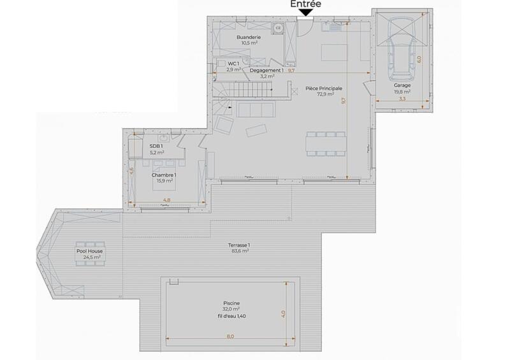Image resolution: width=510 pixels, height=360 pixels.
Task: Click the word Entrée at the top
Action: click(x=305, y=4)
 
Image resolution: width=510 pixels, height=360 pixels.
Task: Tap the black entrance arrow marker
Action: click(x=306, y=13)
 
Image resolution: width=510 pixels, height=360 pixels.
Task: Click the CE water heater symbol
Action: click(x=279, y=28)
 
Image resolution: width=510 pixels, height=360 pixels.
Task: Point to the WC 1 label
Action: click(x=233, y=64)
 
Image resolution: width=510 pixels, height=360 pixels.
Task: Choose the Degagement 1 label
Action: click(x=266, y=70)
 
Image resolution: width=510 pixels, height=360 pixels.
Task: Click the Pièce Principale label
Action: click(x=324, y=88)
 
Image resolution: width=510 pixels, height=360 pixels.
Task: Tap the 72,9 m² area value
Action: click(x=324, y=94)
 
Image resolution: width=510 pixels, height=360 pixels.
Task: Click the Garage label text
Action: click(x=402, y=85)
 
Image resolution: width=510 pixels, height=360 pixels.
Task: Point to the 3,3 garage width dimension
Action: click(x=402, y=99)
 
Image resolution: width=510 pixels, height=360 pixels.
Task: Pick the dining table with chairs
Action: click(x=326, y=143)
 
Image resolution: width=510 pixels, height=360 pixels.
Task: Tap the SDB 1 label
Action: click(x=156, y=146)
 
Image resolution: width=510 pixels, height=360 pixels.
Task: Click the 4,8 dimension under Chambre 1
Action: click(x=166, y=201)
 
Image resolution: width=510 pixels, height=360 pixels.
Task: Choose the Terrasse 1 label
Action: click(x=240, y=245)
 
